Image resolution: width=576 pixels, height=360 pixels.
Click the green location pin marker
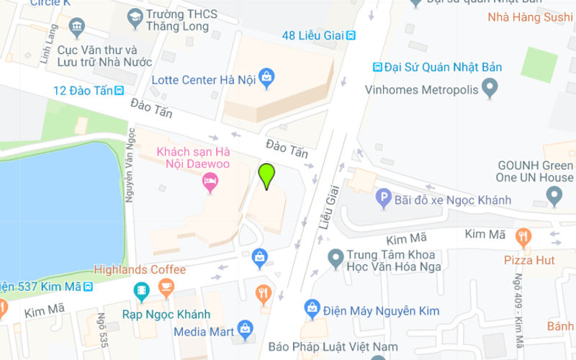point(267,175)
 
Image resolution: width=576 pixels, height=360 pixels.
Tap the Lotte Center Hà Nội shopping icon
point(267,76)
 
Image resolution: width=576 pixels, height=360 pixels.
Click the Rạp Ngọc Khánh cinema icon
point(141,292)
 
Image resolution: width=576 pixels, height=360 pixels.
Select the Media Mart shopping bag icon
point(246,329)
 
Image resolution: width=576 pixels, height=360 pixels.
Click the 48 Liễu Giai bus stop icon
point(351,35)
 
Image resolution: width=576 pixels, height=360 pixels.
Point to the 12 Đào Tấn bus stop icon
point(119,90)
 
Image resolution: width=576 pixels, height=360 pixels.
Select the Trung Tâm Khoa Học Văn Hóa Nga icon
point(335,256)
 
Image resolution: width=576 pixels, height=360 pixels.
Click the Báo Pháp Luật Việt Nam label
point(332,347)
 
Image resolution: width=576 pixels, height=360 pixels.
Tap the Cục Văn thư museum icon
point(77,29)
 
